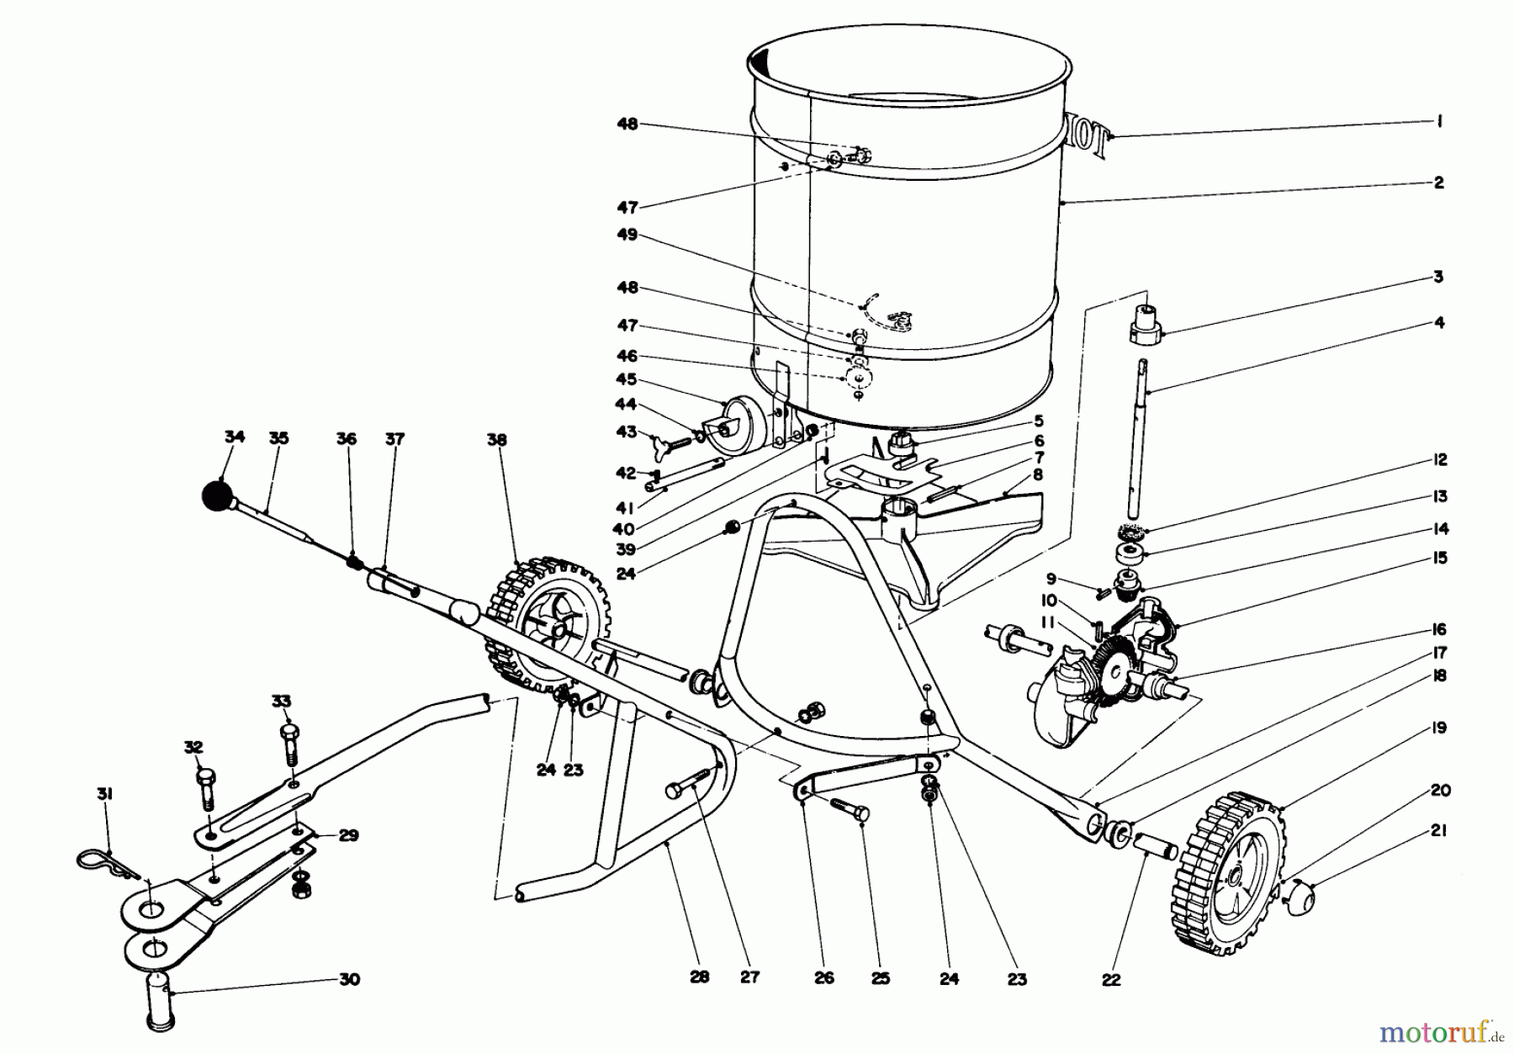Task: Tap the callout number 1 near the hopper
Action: pos(1439,122)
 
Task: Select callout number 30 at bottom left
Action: pos(349,979)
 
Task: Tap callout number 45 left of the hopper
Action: pos(627,379)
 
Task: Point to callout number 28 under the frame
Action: pos(700,977)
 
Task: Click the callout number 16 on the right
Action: pos(1439,629)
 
